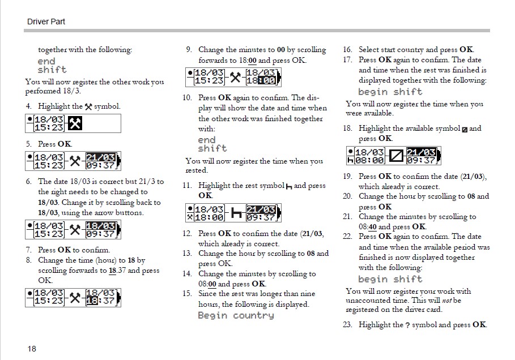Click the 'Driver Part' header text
(x=46, y=22)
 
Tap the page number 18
(x=32, y=349)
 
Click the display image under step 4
(x=73, y=123)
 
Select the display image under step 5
(x=73, y=161)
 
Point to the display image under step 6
(x=73, y=230)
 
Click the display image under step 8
(x=73, y=297)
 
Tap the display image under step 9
(x=233, y=77)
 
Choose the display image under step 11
(x=233, y=213)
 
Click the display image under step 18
(x=393, y=156)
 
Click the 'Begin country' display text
(x=235, y=315)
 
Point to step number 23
(x=348, y=325)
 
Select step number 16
(x=348, y=50)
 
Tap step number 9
(x=189, y=50)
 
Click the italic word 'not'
(x=446, y=301)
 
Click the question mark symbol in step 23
(x=408, y=325)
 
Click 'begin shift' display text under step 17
(x=390, y=92)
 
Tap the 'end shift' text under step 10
(x=212, y=144)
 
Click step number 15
(x=187, y=294)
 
